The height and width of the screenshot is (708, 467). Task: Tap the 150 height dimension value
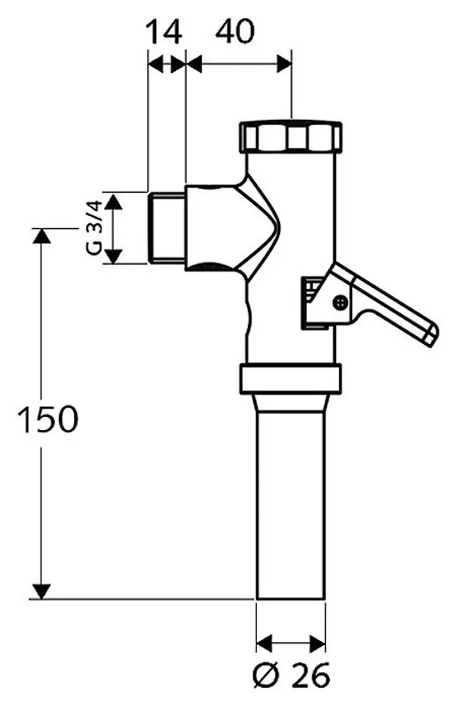click(47, 420)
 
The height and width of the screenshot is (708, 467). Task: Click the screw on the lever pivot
click(339, 302)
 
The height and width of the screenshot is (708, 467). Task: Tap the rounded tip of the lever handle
click(430, 334)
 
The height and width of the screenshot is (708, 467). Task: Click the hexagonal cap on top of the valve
click(291, 136)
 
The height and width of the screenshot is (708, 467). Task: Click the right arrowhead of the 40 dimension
click(283, 64)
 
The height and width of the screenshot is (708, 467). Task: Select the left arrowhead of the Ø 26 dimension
click(264, 640)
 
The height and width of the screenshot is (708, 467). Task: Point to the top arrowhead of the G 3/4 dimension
click(115, 200)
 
